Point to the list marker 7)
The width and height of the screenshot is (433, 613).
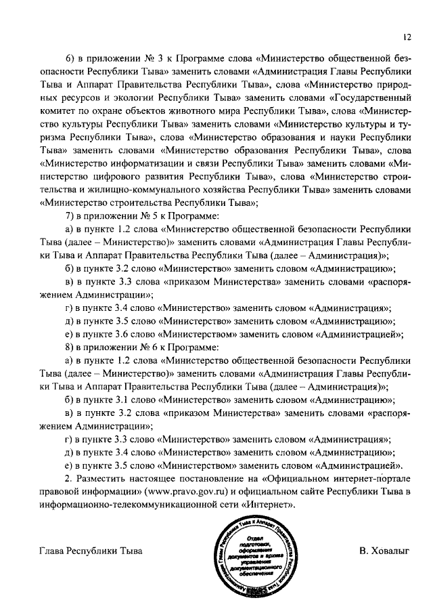click(68, 217)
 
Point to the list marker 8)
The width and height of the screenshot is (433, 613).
click(68, 348)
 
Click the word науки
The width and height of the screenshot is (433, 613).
click(347, 138)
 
